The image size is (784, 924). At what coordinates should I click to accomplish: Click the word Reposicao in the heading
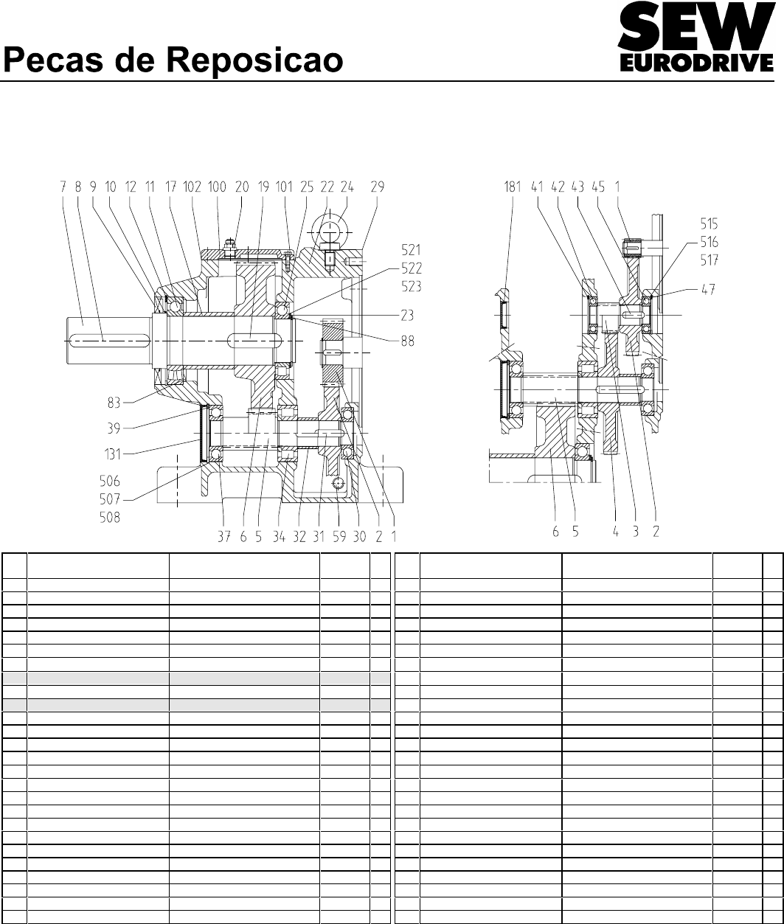point(255,61)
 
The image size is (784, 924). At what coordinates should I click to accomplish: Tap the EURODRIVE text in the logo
point(696,63)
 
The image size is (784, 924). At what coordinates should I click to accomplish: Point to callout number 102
point(192,187)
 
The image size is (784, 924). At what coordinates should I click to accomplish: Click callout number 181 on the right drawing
point(513,187)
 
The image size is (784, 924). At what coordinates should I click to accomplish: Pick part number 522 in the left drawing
point(412,268)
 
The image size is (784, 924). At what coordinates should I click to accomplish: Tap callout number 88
point(408,341)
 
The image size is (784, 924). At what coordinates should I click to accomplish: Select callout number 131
point(113,454)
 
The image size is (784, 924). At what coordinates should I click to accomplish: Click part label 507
point(110,499)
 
